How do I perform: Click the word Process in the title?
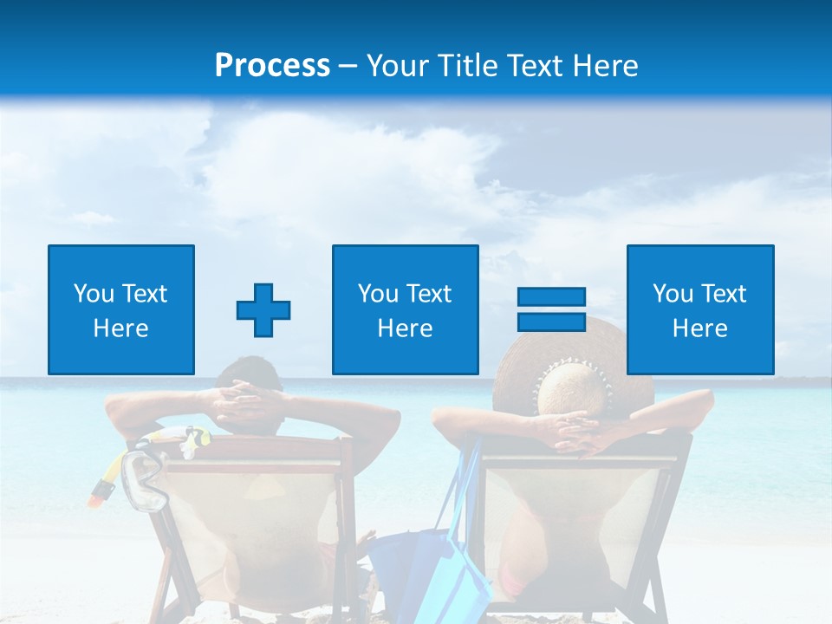[x=272, y=65]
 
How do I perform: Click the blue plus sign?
[x=263, y=310]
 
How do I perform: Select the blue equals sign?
[x=551, y=309]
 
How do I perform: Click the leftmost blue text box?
[x=121, y=309]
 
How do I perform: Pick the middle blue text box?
[x=406, y=309]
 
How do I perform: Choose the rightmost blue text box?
[x=700, y=309]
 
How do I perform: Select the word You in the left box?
[x=91, y=294]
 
